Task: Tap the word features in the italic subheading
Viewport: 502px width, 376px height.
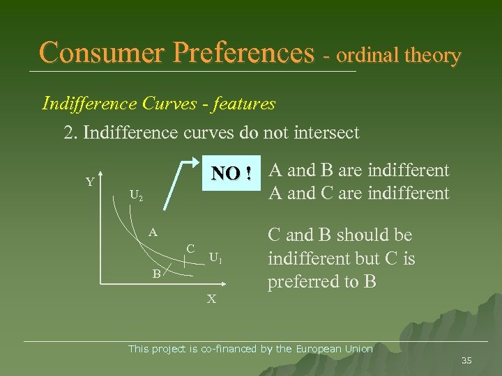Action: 245,104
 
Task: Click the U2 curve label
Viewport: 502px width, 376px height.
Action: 136,196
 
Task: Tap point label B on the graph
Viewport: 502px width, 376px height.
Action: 158,274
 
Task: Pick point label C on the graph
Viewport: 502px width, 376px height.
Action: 190,248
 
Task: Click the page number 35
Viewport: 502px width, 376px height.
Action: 466,360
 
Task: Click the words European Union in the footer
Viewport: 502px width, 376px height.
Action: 334,349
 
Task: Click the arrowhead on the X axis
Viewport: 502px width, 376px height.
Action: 224,284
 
